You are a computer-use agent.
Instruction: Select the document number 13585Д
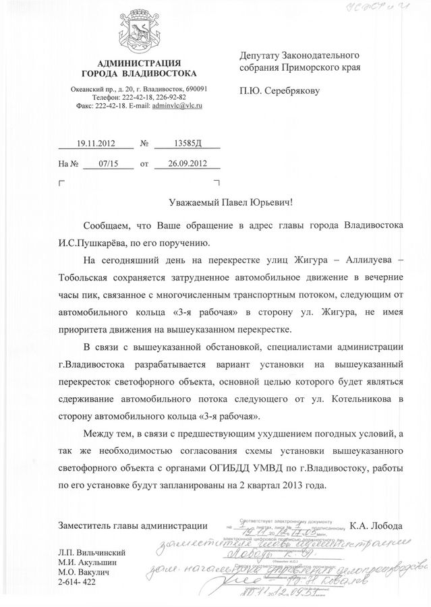tap(188, 143)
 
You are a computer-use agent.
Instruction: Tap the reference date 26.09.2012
tap(179, 163)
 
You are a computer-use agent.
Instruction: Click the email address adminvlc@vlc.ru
tap(178, 107)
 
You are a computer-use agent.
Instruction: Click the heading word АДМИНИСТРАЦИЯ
tap(139, 63)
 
